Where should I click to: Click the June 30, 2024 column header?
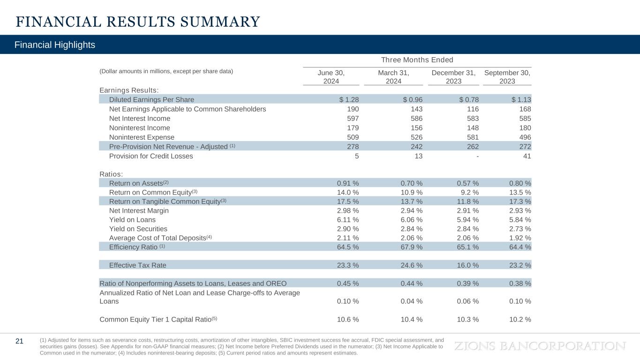pyautogui.click(x=331, y=77)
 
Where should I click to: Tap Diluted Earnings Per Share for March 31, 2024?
pyautogui.click(x=413, y=99)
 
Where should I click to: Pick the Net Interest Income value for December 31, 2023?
pyautogui.click(x=470, y=119)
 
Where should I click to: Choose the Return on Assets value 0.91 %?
pyautogui.click(x=348, y=183)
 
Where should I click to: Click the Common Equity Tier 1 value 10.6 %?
pyautogui.click(x=348, y=319)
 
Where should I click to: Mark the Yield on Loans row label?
pyautogui.click(x=132, y=219)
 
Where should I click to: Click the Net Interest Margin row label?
pyautogui.click(x=139, y=210)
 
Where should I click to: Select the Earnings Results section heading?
pyautogui.click(x=129, y=90)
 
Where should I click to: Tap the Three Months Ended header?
pyautogui.click(x=417, y=60)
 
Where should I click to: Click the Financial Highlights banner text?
pyautogui.click(x=55, y=45)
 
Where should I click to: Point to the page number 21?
pyautogui.click(x=20, y=341)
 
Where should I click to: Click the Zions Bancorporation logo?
pyautogui.click(x=540, y=346)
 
